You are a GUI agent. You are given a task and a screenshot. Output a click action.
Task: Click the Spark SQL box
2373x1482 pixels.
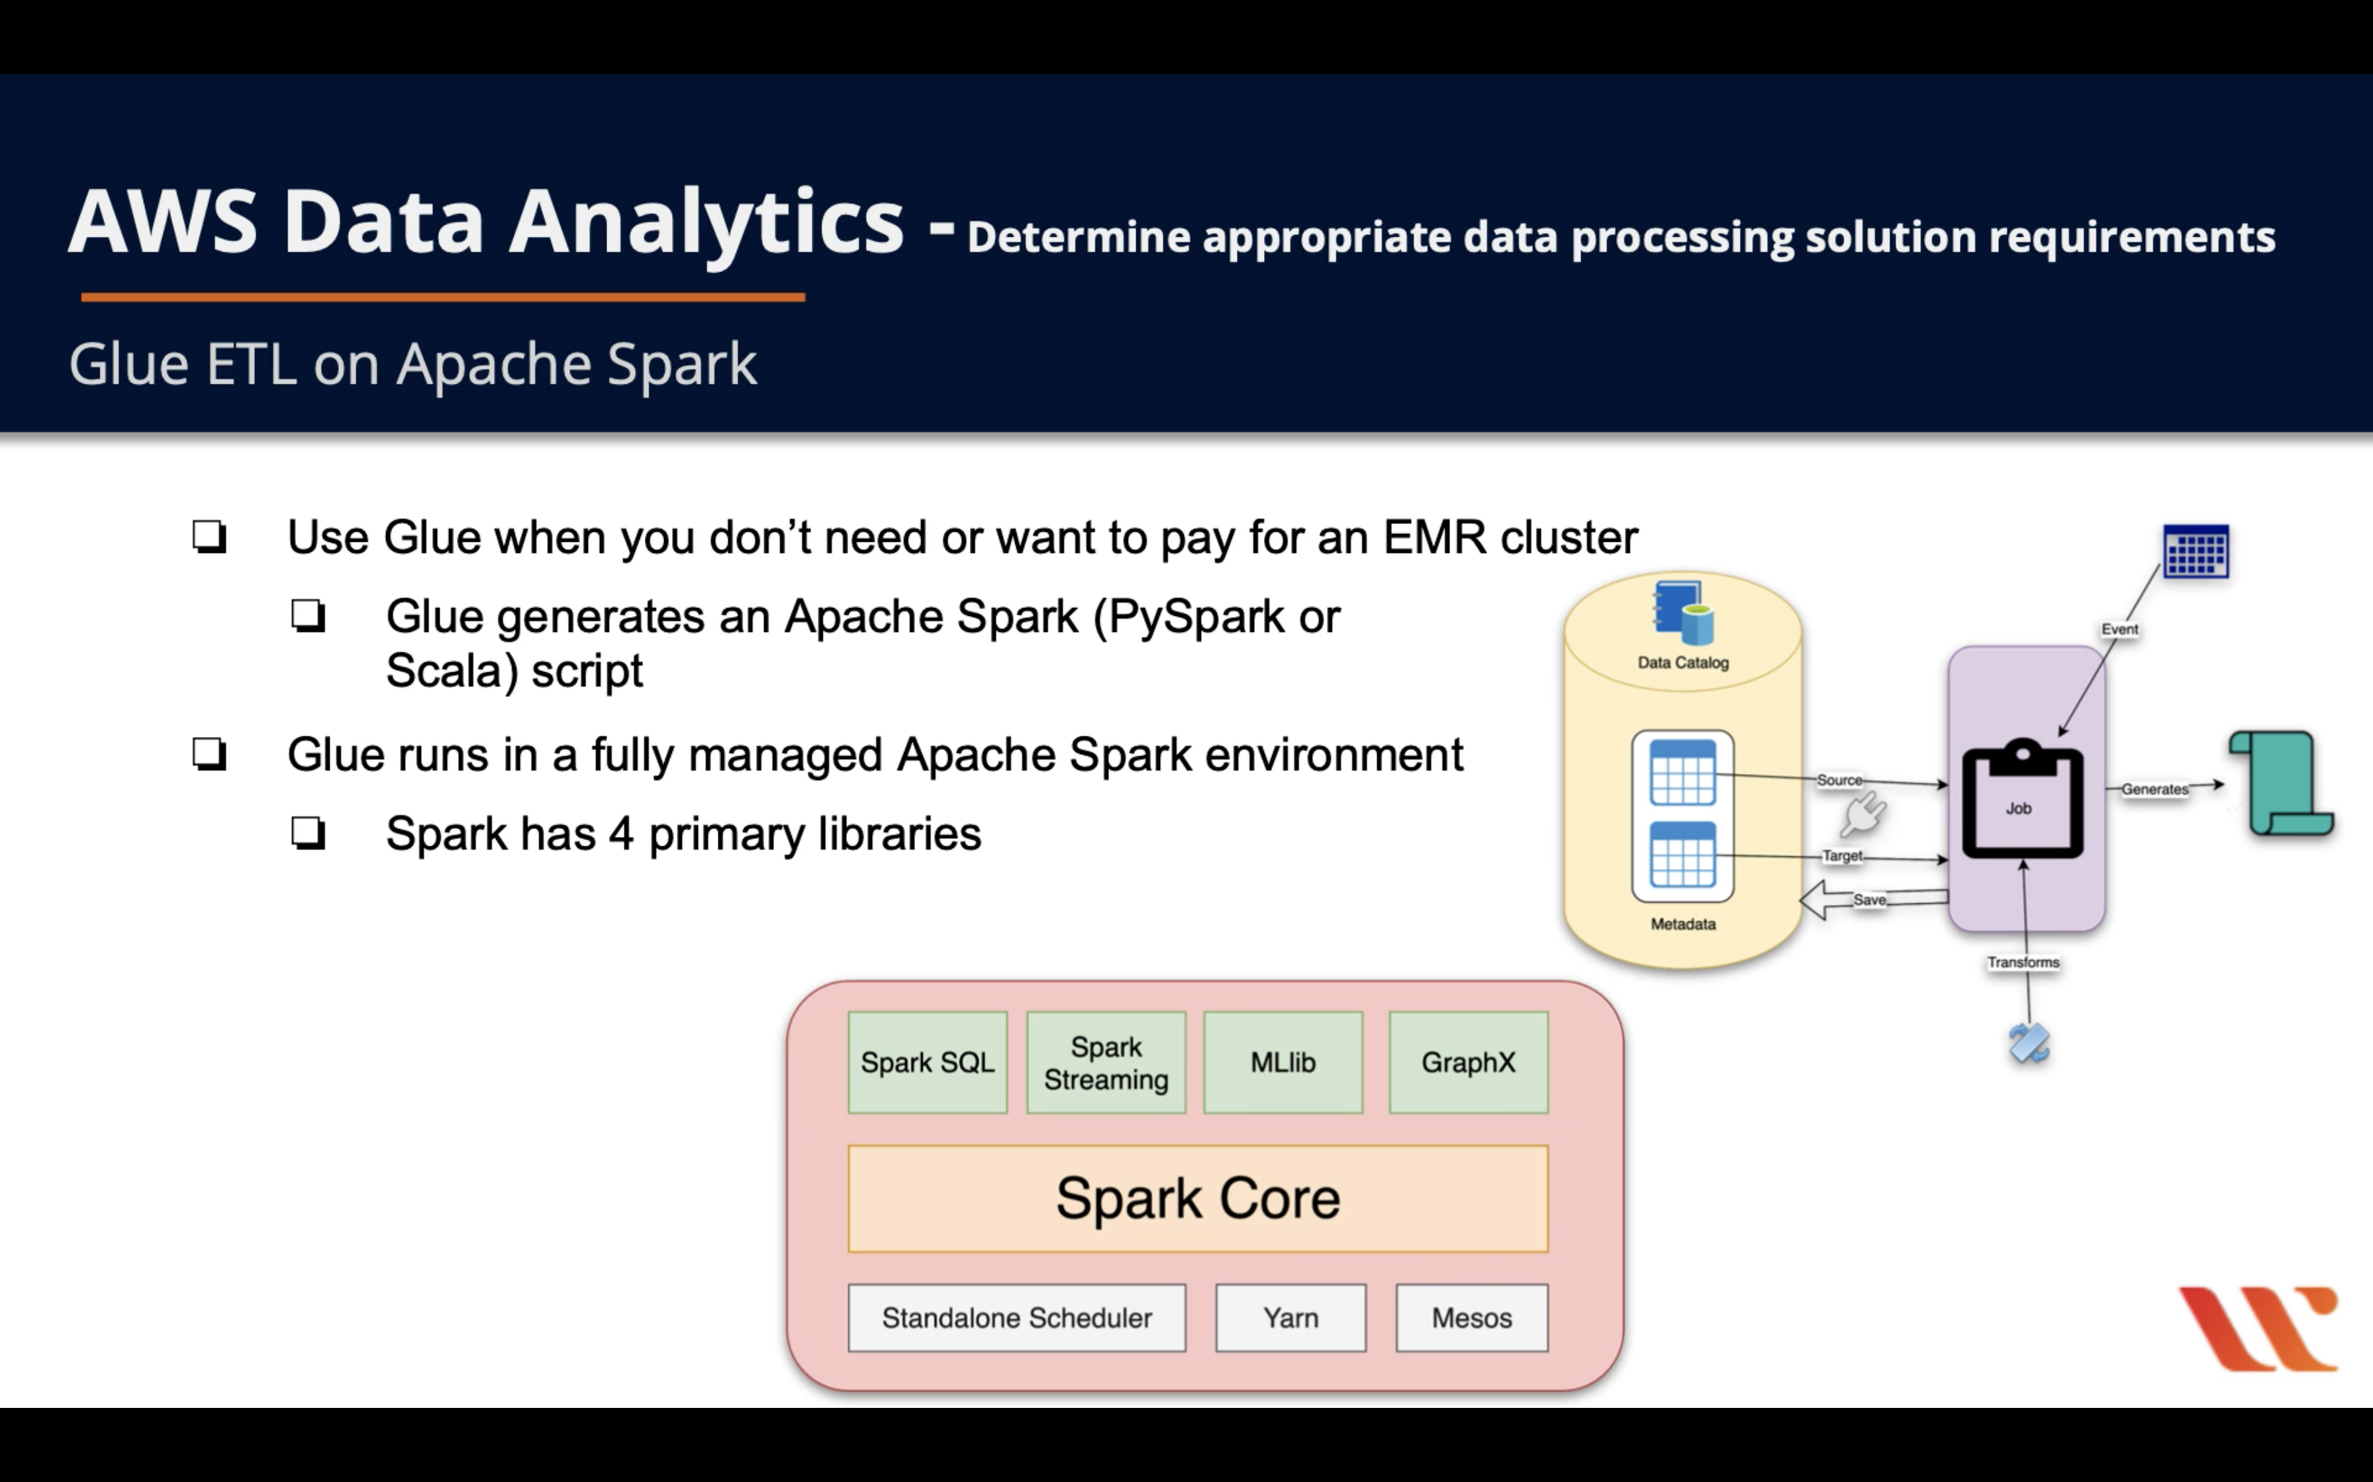[927, 1063]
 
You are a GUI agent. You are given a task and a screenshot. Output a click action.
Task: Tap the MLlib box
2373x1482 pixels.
[1283, 1063]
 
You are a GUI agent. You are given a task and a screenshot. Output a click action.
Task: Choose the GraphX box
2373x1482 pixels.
[1468, 1063]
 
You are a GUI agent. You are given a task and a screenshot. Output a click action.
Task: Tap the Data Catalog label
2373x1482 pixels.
[1682, 662]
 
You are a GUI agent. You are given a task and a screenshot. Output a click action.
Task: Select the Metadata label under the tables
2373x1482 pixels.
[1682, 924]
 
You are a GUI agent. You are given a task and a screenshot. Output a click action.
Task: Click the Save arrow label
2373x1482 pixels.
[1869, 900]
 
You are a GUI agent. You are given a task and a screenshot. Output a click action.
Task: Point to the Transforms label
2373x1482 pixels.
[2023, 963]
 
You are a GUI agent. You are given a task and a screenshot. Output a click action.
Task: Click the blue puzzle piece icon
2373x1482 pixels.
[2029, 1043]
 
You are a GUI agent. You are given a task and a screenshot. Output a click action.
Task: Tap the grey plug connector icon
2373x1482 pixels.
[1863, 814]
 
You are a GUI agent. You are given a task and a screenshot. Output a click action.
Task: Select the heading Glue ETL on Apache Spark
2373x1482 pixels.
[412, 365]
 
